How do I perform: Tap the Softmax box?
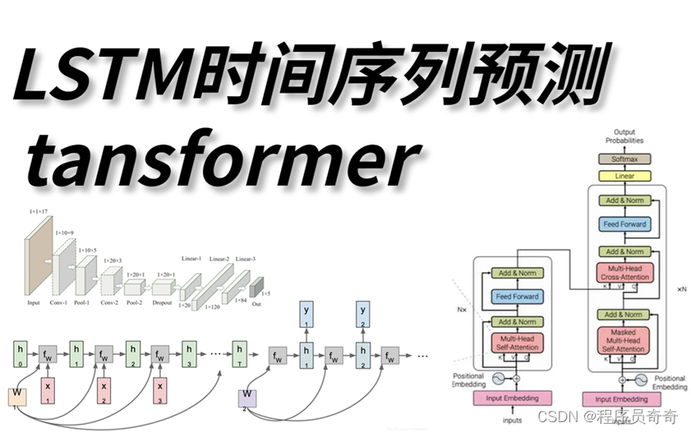(x=625, y=159)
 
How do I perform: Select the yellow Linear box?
(x=625, y=176)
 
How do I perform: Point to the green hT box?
(x=240, y=351)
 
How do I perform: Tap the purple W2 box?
(x=248, y=398)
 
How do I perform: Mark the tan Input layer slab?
(x=38, y=260)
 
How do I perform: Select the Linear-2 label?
(x=219, y=260)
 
